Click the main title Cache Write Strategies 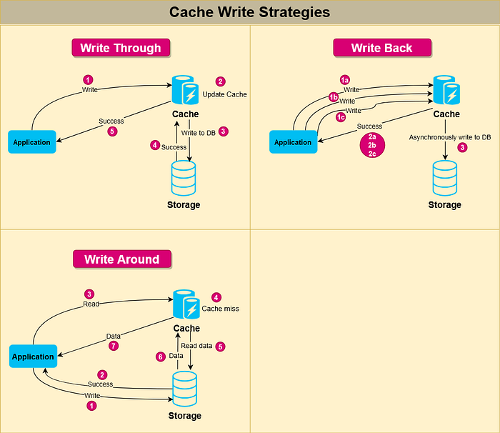coord(249,12)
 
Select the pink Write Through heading coord(121,48)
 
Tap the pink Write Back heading coord(382,48)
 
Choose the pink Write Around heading coord(121,259)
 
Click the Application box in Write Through coord(32,141)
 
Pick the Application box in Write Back coord(293,141)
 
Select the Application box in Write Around coord(33,356)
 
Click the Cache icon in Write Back coord(446,91)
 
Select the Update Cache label coord(224,94)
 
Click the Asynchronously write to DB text coord(449,136)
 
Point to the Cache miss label coord(220,309)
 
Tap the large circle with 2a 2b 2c coord(372,144)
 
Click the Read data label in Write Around coord(196,346)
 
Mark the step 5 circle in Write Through coord(111,131)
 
